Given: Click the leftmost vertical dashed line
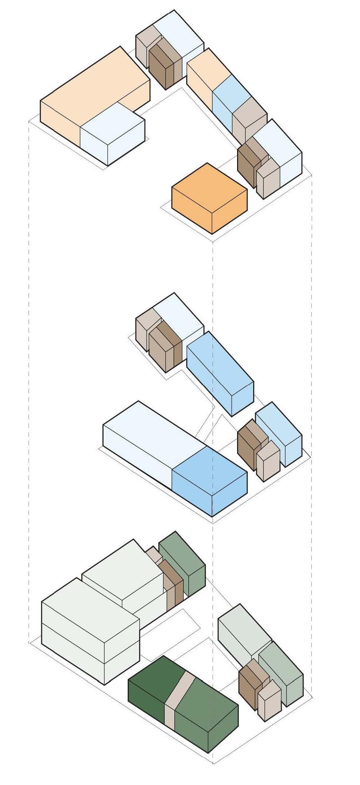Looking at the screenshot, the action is (29, 366).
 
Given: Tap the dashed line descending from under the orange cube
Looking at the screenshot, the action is (213, 329).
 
